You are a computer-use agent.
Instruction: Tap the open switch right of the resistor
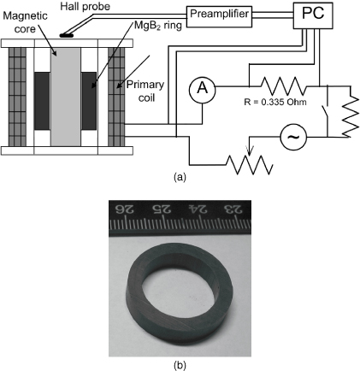(x=328, y=109)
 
